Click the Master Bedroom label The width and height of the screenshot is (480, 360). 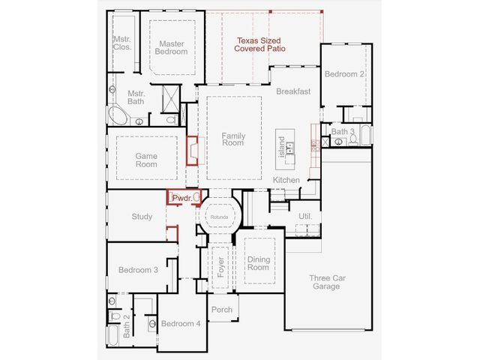tap(171, 48)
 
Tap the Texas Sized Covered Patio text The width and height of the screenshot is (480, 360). tap(259, 45)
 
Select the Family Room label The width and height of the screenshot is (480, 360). tap(233, 139)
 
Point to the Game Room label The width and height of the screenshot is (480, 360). tap(146, 160)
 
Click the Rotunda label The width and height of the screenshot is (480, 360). tap(219, 217)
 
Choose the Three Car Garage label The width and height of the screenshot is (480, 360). tap(327, 282)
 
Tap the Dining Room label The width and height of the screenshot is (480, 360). tap(258, 263)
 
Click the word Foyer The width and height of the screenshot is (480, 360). tap(220, 267)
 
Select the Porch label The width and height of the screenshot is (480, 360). tap(222, 310)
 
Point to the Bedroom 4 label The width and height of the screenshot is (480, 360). tap(181, 323)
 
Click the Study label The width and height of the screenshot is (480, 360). tap(142, 217)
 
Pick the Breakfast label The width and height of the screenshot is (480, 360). tap(293, 91)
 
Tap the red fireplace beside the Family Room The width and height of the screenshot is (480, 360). tap(193, 151)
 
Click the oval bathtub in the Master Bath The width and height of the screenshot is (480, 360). tap(118, 115)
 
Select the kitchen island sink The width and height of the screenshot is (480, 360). tap(289, 148)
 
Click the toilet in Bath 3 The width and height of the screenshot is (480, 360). tap(353, 139)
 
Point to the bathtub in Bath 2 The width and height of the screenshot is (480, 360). tap(112, 335)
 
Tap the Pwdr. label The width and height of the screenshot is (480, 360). tap(182, 198)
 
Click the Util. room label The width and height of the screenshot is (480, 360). tap(305, 216)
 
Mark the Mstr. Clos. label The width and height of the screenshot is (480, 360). tap(122, 43)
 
